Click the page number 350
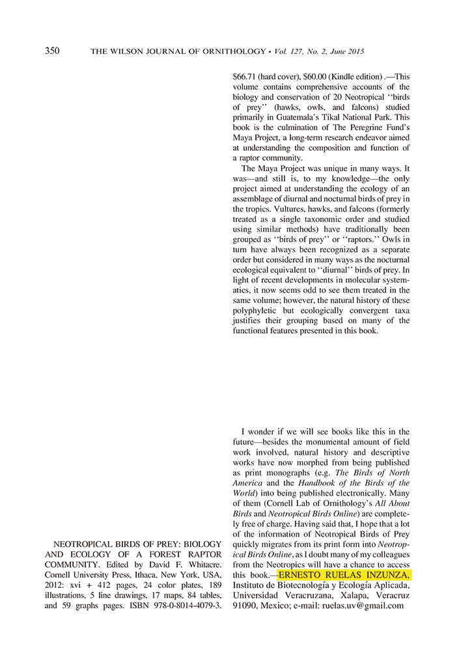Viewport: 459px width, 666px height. point(53,51)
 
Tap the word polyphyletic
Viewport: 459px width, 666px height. point(257,321)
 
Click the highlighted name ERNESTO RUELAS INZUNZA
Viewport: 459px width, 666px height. point(344,576)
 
